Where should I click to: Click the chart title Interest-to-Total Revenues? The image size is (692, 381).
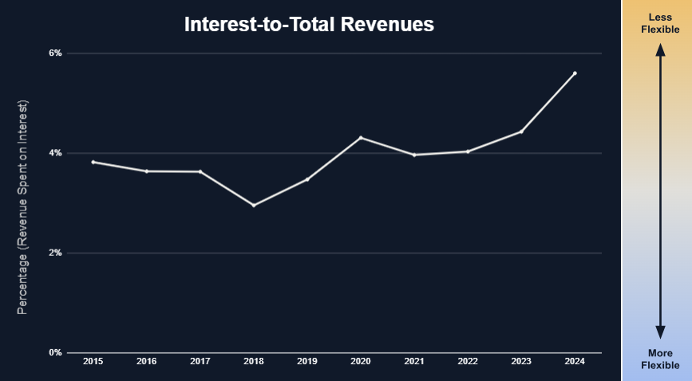pyautogui.click(x=309, y=24)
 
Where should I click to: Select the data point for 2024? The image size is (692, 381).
pyautogui.click(x=575, y=73)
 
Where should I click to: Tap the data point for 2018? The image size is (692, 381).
pyautogui.click(x=254, y=205)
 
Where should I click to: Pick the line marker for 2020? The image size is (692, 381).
pyautogui.click(x=361, y=138)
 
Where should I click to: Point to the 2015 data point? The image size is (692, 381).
pyautogui.click(x=93, y=162)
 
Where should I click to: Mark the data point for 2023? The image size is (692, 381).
pyautogui.click(x=521, y=132)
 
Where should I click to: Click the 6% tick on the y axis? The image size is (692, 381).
pyautogui.click(x=56, y=53)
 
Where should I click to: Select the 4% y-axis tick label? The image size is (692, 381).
pyautogui.click(x=56, y=153)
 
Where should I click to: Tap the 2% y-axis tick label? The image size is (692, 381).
pyautogui.click(x=56, y=253)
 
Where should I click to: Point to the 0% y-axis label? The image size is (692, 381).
pyautogui.click(x=56, y=352)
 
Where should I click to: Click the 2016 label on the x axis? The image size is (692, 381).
pyautogui.click(x=147, y=362)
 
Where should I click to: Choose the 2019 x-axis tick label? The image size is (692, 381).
pyautogui.click(x=307, y=362)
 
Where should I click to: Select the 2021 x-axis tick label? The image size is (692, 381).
pyautogui.click(x=414, y=362)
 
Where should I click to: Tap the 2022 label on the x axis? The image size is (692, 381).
pyautogui.click(x=468, y=362)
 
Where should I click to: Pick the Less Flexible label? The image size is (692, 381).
pyautogui.click(x=660, y=23)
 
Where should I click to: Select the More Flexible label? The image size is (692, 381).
pyautogui.click(x=660, y=359)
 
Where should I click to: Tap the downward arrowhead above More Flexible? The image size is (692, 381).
pyautogui.click(x=660, y=332)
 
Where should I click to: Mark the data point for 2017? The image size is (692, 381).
pyautogui.click(x=200, y=171)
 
